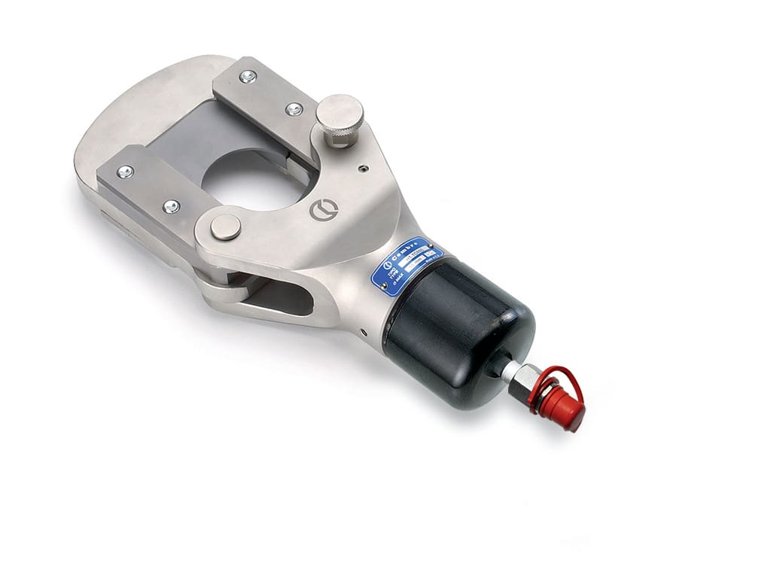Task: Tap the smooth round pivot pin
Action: click(x=225, y=227)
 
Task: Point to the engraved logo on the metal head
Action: click(x=322, y=210)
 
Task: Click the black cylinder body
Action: click(x=459, y=332)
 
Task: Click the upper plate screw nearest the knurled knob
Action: click(x=294, y=109)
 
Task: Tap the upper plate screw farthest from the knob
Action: click(x=248, y=76)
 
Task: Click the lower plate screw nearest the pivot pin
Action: click(x=171, y=205)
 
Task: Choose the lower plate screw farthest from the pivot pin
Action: click(x=124, y=172)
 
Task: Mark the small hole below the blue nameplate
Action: click(x=362, y=329)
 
